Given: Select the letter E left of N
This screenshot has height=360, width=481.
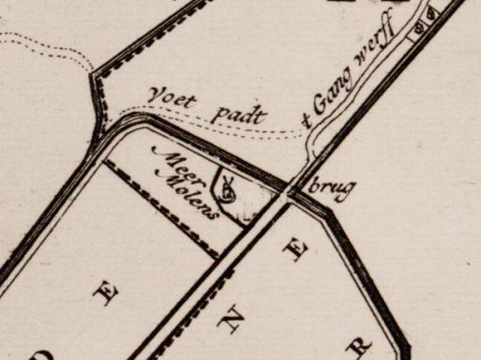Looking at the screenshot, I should pos(108,294).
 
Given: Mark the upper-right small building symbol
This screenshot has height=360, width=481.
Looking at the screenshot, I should pos(431,16).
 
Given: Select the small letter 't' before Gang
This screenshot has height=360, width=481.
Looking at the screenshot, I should pos(308,121).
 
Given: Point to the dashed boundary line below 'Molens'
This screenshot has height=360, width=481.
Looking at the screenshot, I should pos(166,210).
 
